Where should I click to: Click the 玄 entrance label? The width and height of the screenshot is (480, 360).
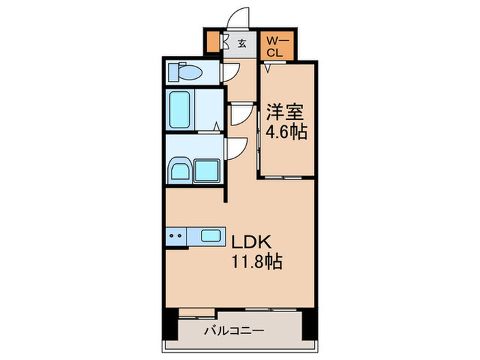point(242,44)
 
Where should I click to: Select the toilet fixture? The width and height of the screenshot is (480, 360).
point(188,71)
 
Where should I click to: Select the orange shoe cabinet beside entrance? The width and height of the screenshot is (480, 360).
point(213,42)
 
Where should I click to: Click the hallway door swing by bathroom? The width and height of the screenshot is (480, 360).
point(237,114)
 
